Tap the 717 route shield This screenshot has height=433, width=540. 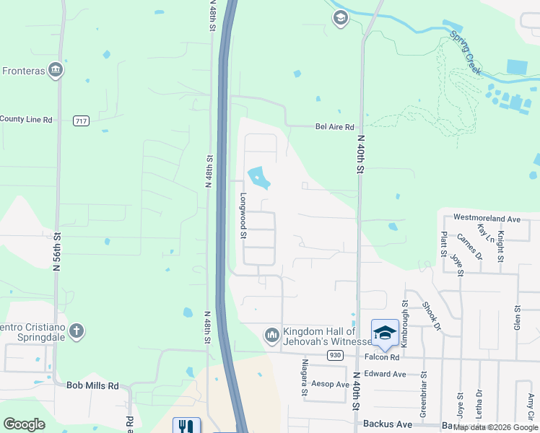point(81,121)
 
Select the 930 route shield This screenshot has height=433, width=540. point(334,355)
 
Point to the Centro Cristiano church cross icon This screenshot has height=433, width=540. point(76,332)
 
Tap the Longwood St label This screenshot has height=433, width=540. point(243,215)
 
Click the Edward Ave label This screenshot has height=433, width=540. point(385,374)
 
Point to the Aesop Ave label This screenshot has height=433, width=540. point(329,385)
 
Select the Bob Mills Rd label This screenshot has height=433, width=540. point(92,386)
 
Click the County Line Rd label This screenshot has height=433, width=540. point(27,119)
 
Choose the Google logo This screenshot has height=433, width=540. point(25,424)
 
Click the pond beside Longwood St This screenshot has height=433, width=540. point(257,176)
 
